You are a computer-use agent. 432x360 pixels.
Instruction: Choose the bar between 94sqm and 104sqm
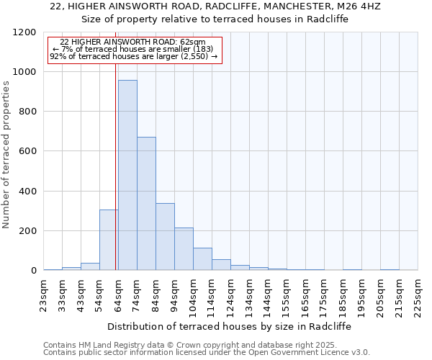(x=184, y=248)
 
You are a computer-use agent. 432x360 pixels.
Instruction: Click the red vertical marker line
(x=116, y=166)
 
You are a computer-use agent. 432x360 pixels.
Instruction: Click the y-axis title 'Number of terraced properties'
(x=6, y=155)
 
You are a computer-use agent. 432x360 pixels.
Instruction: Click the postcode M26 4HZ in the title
(x=360, y=6)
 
